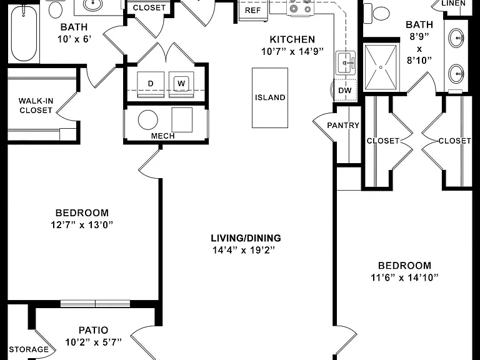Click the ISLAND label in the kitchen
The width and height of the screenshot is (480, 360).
coord(270,97)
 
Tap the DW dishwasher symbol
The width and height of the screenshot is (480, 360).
coord(345,90)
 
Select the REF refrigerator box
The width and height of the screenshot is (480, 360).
coord(253,11)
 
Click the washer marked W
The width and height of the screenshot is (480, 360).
coord(181,84)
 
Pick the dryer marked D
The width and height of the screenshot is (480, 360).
coord(151,84)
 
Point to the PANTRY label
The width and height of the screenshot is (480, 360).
coord(343,125)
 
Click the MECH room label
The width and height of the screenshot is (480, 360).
coord(163,136)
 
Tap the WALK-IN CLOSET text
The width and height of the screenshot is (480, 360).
coord(36,105)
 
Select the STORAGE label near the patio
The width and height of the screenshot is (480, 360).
coord(29,349)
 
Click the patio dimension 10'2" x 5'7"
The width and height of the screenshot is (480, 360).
coord(93,342)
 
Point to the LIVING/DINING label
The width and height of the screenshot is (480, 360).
coord(246,238)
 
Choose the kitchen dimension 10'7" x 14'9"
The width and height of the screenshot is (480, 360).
coord(292,51)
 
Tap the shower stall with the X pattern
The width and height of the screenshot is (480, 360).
coord(381,67)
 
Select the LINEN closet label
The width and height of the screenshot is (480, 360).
coord(454,3)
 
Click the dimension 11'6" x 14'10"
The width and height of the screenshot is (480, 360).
coord(405,277)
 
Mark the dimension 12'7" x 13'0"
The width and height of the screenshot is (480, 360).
coord(82,225)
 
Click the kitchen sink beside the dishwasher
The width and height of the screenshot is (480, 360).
coord(346,62)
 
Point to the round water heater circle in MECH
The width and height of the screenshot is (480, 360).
coord(148,120)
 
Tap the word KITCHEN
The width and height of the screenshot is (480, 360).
coord(292,39)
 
